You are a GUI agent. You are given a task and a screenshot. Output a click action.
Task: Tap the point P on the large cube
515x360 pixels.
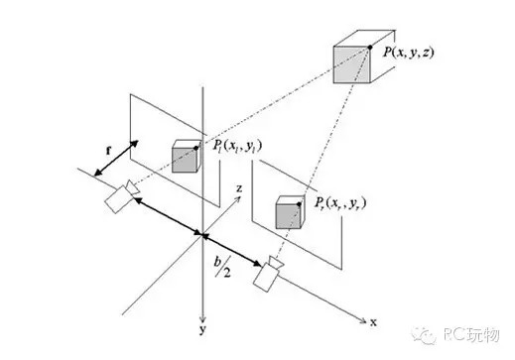click(x=369, y=48)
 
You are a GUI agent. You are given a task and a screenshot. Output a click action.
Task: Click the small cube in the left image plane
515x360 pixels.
click(x=186, y=158)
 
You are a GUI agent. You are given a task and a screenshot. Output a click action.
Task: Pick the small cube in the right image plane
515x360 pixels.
click(x=289, y=214)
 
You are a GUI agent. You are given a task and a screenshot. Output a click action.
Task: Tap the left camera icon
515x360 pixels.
click(x=118, y=196)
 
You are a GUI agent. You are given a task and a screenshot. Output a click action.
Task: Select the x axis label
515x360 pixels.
click(x=372, y=323)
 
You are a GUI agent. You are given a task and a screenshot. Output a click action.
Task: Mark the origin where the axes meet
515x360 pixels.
click(x=202, y=236)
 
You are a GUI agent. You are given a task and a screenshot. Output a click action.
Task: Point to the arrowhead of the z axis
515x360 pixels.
click(x=239, y=199)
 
